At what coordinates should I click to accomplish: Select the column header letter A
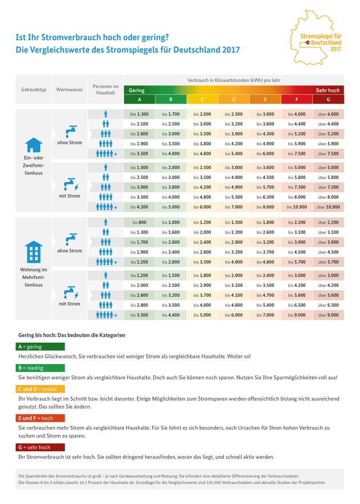pyautogui.click(x=139, y=100)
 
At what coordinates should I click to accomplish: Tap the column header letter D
pyautogui.click(x=234, y=100)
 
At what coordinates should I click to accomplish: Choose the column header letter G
pyautogui.click(x=328, y=100)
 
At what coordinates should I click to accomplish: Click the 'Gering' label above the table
pyautogui.click(x=137, y=90)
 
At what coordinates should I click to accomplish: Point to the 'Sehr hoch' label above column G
pyautogui.click(x=327, y=90)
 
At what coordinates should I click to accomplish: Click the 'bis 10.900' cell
pyautogui.click(x=297, y=207)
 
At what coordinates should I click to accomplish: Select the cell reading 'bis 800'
pyautogui.click(x=139, y=222)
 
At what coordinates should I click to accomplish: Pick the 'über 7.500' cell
pyautogui.click(x=328, y=154)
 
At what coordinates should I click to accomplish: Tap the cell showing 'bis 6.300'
pyautogui.click(x=265, y=197)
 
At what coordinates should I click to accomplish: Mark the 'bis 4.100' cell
pyautogui.click(x=234, y=295)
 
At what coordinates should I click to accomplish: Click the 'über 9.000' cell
pyautogui.click(x=328, y=315)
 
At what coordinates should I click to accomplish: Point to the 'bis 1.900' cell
pyautogui.click(x=139, y=252)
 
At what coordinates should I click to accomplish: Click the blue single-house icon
pyautogui.click(x=34, y=144)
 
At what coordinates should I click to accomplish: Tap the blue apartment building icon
pyautogui.click(x=34, y=251)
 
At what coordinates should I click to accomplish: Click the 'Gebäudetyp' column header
pyautogui.click(x=33, y=90)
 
